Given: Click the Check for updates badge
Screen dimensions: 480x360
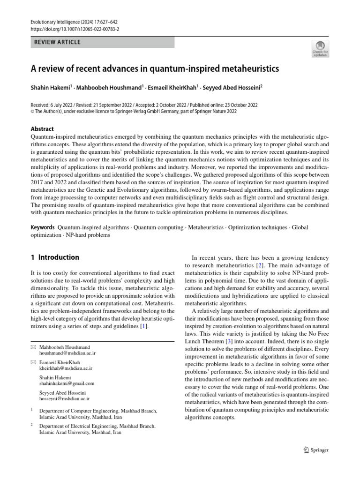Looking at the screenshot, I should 320,49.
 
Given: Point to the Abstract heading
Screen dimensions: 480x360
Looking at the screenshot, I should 42,129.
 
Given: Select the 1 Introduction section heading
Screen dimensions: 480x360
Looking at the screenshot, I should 55,257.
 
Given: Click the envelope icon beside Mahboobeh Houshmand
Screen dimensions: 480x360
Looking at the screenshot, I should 33,346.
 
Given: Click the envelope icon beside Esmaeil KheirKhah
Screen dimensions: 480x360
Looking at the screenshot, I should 33,363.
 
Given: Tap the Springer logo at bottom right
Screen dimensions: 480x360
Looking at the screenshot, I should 314,450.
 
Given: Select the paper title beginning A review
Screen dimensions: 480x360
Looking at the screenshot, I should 155,69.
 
